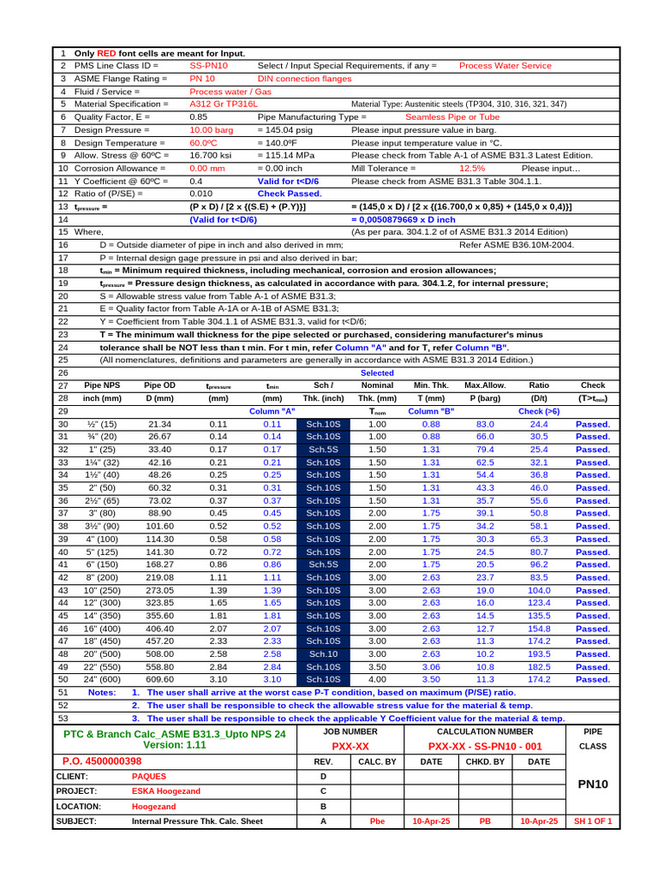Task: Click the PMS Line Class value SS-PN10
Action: [x=208, y=65]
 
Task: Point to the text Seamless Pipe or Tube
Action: [x=452, y=116]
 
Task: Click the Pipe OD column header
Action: [x=159, y=385]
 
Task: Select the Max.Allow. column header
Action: [x=485, y=385]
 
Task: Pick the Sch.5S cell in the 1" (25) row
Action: [x=324, y=450]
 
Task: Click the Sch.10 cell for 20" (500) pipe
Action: [x=324, y=654]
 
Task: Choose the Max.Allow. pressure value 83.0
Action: [x=485, y=424]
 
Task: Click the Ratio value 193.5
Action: [x=540, y=654]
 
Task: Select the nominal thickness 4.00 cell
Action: [x=377, y=680]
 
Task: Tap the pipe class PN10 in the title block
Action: [x=593, y=785]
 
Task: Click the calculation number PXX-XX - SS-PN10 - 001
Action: [x=485, y=747]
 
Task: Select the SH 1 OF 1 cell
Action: [x=593, y=820]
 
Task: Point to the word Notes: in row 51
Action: [x=102, y=692]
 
